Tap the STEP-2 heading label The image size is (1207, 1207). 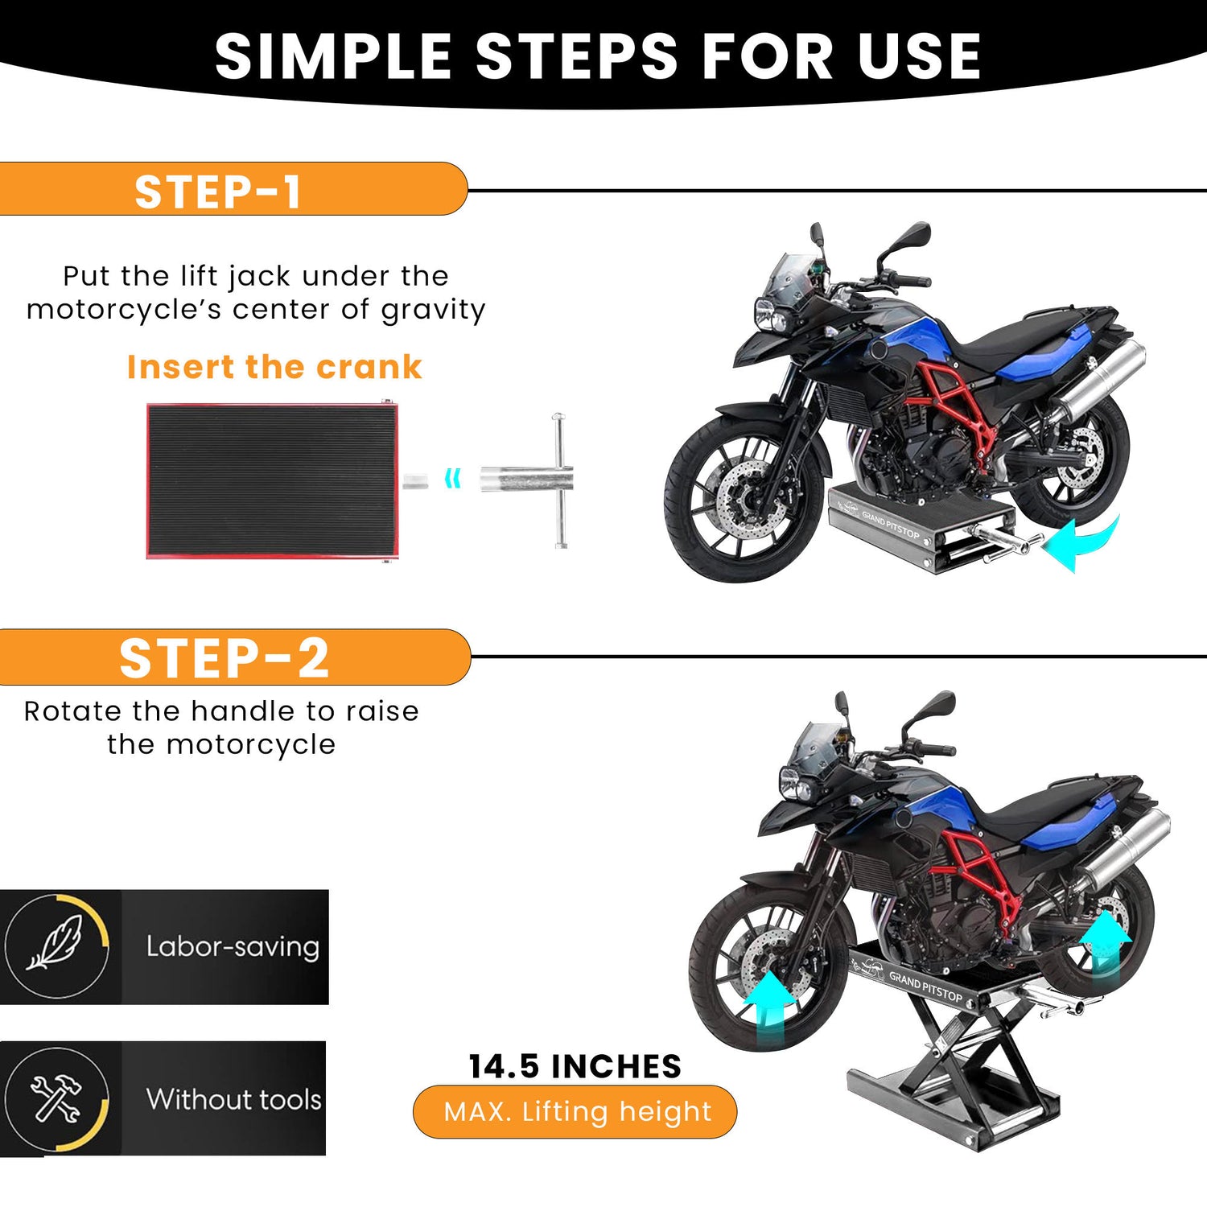click(225, 658)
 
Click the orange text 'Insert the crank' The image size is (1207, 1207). click(274, 367)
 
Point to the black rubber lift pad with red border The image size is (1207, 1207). click(272, 480)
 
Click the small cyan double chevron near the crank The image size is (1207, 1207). click(453, 479)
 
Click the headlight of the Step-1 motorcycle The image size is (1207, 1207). click(770, 315)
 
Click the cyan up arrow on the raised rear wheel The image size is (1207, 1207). click(1105, 938)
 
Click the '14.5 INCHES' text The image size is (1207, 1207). click(575, 1067)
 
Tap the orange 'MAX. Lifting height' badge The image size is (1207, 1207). click(575, 1112)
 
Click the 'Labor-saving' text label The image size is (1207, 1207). click(233, 946)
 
